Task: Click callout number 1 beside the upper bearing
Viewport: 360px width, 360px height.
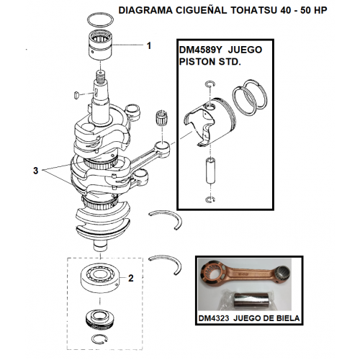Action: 149,45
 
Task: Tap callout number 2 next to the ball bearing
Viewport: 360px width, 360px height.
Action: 131,278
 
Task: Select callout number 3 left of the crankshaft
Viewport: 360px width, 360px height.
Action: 35,171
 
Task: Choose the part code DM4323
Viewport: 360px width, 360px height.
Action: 214,318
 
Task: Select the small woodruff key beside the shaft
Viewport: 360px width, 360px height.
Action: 76,94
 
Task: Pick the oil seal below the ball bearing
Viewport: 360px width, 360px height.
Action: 100,318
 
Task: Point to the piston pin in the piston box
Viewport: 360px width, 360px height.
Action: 210,171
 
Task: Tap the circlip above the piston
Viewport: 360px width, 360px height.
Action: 210,84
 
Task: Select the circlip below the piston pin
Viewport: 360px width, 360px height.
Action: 210,199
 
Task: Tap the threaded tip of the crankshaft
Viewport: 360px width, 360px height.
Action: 101,75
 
